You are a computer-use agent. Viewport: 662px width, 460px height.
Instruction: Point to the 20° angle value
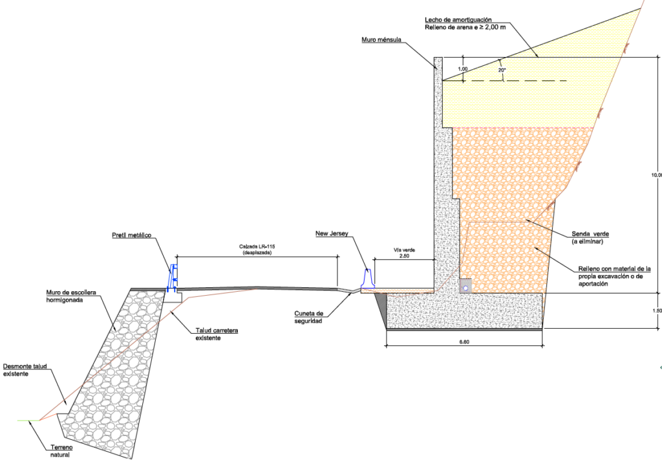point(502,69)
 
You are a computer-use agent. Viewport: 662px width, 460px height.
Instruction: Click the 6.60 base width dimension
point(464,342)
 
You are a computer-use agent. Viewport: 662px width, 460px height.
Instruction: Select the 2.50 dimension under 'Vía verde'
point(403,257)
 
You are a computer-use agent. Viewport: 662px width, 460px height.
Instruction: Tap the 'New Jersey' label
point(332,233)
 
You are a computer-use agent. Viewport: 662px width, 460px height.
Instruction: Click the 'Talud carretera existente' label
point(217,334)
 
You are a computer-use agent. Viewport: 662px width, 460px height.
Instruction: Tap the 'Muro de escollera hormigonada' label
point(71,296)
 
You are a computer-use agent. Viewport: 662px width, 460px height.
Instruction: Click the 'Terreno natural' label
point(59,451)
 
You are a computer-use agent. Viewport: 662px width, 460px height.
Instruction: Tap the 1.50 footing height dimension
point(657,311)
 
